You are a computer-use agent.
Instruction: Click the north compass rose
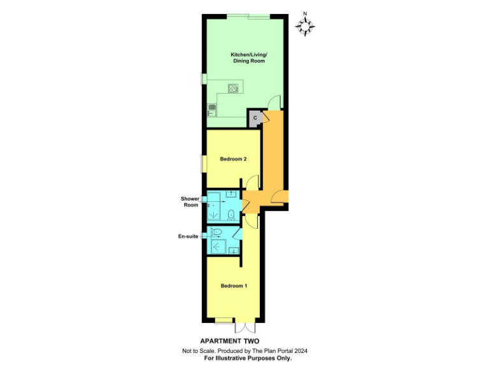pyautogui.click(x=306, y=25)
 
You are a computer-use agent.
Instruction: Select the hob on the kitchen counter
pyautogui.click(x=233, y=89)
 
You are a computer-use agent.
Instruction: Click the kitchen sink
pyautogui.click(x=211, y=109)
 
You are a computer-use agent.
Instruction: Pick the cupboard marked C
pyautogui.click(x=255, y=118)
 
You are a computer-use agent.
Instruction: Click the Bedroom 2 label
pyautogui.click(x=233, y=159)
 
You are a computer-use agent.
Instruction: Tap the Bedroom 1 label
pyautogui.click(x=234, y=285)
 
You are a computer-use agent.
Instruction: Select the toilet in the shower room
pyautogui.click(x=232, y=213)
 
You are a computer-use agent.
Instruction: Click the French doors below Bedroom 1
pyautogui.click(x=245, y=326)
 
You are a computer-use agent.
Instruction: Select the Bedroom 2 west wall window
pyautogui.click(x=204, y=163)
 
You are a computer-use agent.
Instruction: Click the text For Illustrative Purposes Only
pyautogui.click(x=248, y=359)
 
